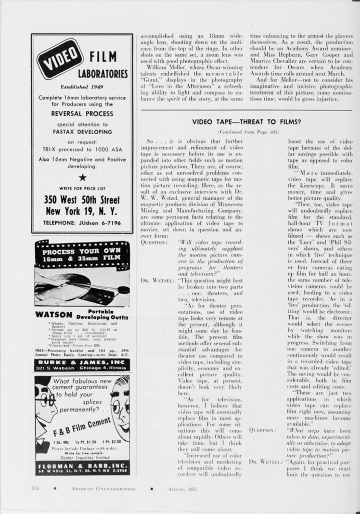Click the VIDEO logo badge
58,58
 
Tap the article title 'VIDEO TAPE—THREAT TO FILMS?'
247,122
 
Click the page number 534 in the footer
36,488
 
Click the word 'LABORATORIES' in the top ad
102,74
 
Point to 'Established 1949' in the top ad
81,85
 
